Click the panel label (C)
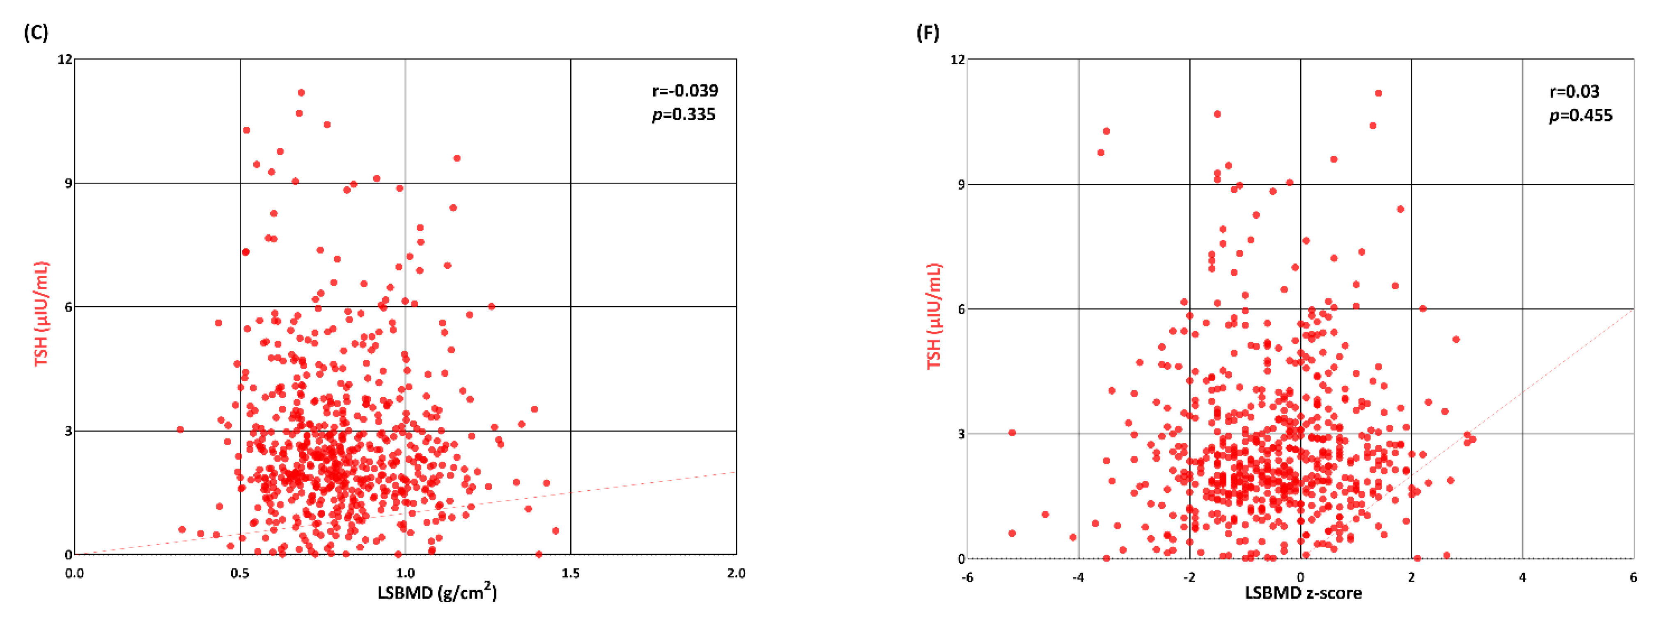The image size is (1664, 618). click(36, 32)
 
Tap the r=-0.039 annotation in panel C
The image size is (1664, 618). click(685, 90)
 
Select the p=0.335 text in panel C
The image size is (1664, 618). click(684, 114)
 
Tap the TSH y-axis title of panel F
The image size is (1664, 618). click(934, 316)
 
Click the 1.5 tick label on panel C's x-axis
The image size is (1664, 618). click(570, 573)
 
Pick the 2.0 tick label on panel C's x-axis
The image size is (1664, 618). click(736, 573)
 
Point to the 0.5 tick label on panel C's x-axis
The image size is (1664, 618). click(240, 573)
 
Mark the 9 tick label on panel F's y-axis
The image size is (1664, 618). click(961, 185)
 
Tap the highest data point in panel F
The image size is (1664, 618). click(1379, 94)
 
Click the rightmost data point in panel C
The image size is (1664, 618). click(555, 531)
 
